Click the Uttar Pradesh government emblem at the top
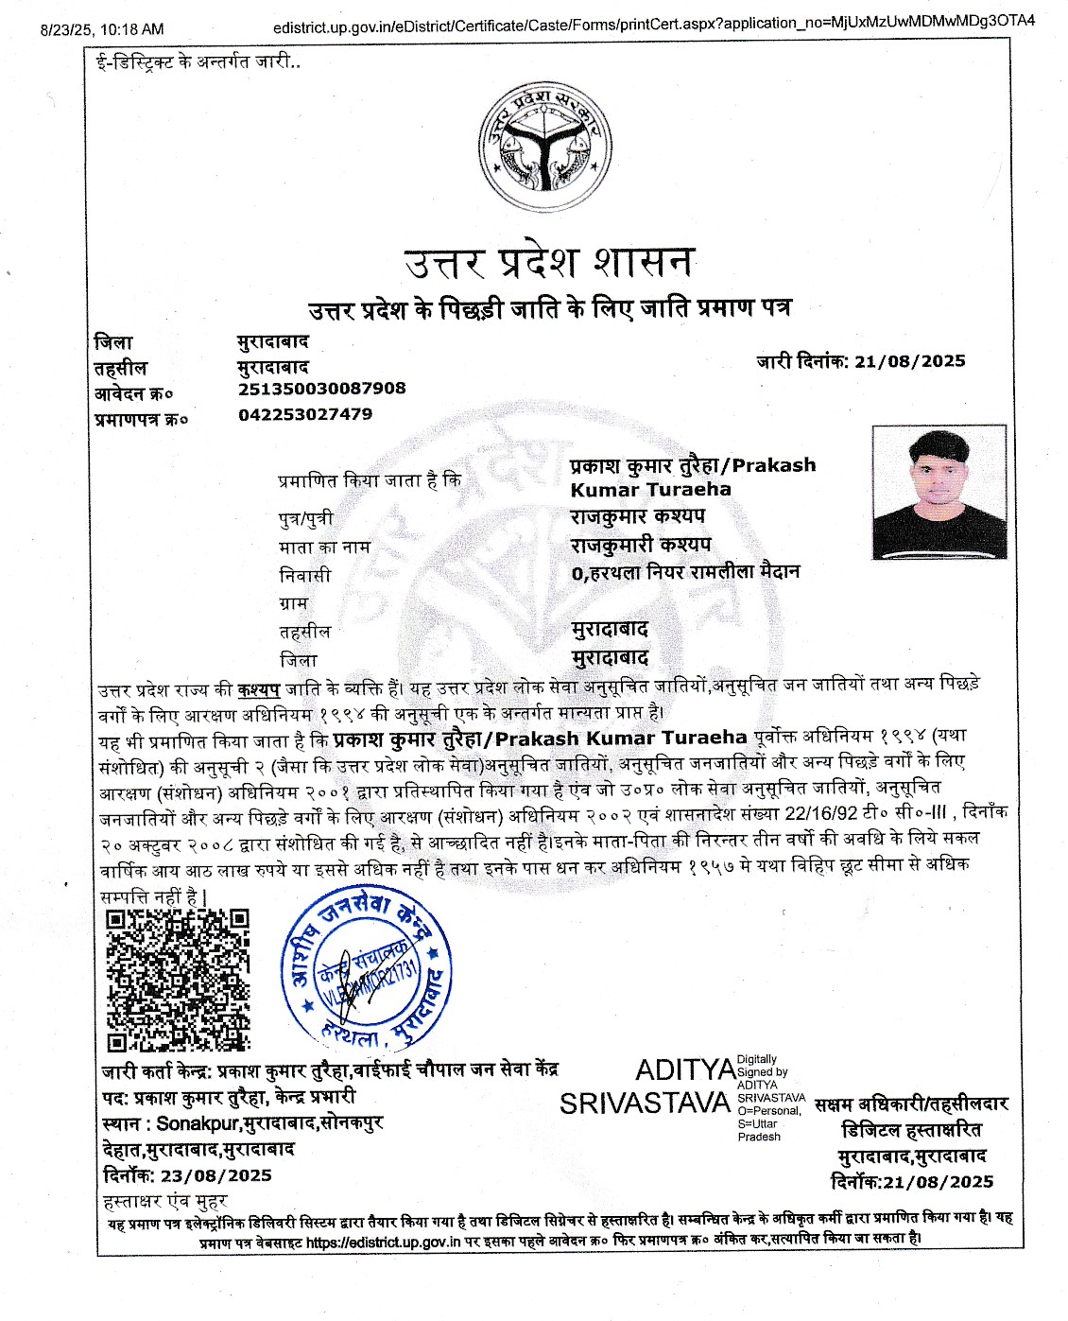click(543, 147)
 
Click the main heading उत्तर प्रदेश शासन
click(548, 262)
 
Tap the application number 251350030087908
click(321, 389)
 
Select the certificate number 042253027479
click(305, 414)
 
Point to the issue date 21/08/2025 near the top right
click(909, 361)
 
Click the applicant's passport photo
click(939, 492)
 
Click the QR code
click(177, 980)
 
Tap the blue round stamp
click(367, 969)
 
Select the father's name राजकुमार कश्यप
click(637, 516)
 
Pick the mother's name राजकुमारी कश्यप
click(640, 545)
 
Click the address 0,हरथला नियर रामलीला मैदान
click(685, 572)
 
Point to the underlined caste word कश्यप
click(258, 689)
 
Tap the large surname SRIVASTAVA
click(645, 1104)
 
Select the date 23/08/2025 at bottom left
click(215, 1176)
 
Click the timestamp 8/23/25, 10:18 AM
click(102, 30)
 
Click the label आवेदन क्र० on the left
click(133, 393)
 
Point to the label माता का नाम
click(324, 547)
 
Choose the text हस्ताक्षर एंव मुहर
click(164, 1202)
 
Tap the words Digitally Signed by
click(761, 1066)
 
